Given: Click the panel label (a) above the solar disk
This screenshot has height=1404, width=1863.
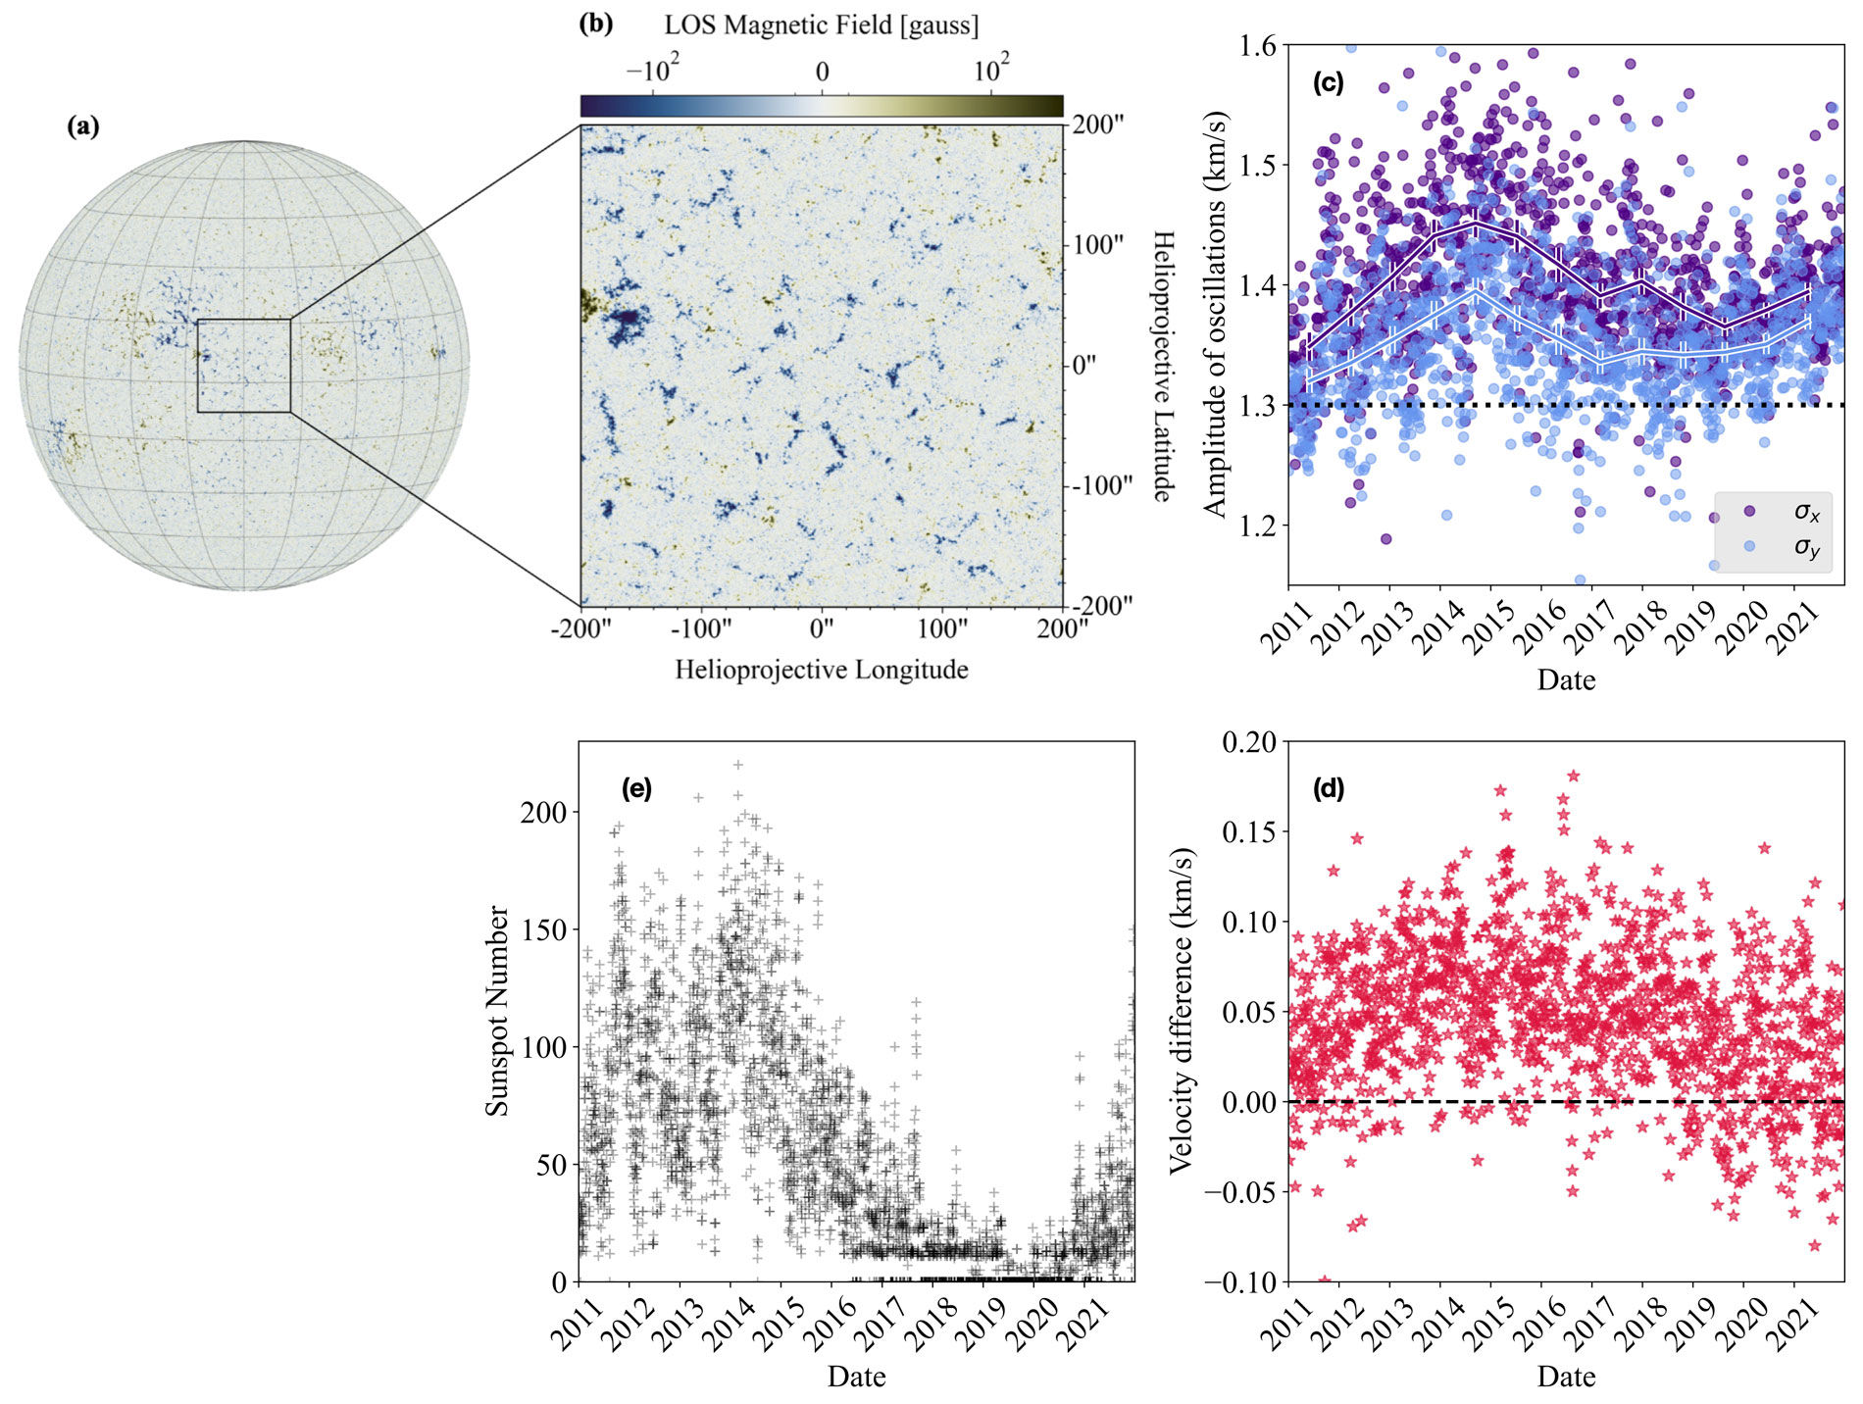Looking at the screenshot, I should tap(83, 125).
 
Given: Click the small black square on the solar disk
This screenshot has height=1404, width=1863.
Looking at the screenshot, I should tap(244, 366).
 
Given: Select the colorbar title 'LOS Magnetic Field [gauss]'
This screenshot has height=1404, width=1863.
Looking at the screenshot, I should tap(821, 25).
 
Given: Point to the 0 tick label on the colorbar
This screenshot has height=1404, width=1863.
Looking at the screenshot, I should tap(822, 72).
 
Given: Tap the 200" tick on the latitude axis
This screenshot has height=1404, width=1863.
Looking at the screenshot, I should tap(1098, 125).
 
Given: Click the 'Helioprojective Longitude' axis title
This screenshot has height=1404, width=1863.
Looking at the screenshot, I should tap(821, 670).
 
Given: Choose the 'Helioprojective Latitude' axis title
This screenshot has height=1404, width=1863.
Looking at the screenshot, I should tap(1163, 366).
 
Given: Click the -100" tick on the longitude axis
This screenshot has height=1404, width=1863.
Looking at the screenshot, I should tap(700, 628).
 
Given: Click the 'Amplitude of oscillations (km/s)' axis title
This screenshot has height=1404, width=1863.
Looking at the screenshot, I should tap(1215, 314).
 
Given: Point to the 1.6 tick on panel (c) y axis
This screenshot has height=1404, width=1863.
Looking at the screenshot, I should tap(1258, 45).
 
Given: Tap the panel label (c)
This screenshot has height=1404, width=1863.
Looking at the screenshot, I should tap(1329, 82).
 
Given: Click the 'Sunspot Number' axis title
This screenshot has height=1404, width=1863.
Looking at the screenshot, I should tap(498, 1010).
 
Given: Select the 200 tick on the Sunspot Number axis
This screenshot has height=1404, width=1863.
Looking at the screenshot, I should tap(544, 813).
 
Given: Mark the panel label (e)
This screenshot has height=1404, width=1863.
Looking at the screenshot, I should tap(637, 788).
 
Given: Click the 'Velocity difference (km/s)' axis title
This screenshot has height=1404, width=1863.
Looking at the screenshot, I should tap(1182, 1010).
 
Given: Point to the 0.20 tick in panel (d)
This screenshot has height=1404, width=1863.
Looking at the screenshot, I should tap(1249, 742).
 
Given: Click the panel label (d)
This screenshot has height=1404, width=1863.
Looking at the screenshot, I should tap(1329, 788).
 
